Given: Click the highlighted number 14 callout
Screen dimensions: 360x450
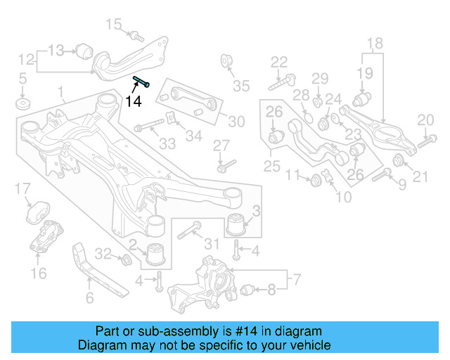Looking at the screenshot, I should (x=133, y=101).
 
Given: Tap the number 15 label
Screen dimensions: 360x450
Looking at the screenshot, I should (x=114, y=25).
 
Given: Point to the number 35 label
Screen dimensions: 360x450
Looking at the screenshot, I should (x=241, y=86).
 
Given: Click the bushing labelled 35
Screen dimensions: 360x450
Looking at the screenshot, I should (x=227, y=59).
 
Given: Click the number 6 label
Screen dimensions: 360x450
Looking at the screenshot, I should (x=89, y=298).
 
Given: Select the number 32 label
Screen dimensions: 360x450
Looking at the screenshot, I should (x=103, y=253).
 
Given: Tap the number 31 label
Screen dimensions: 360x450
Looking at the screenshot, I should (x=212, y=244).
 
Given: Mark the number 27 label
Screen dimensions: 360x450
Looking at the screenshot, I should (x=221, y=146).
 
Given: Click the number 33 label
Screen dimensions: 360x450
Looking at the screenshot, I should (x=167, y=143).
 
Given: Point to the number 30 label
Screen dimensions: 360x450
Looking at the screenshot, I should (x=236, y=122).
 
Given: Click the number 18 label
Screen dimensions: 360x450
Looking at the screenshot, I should (x=374, y=44).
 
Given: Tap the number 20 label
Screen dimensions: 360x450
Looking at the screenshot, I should (x=425, y=120).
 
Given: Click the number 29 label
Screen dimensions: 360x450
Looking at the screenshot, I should (x=320, y=77).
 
